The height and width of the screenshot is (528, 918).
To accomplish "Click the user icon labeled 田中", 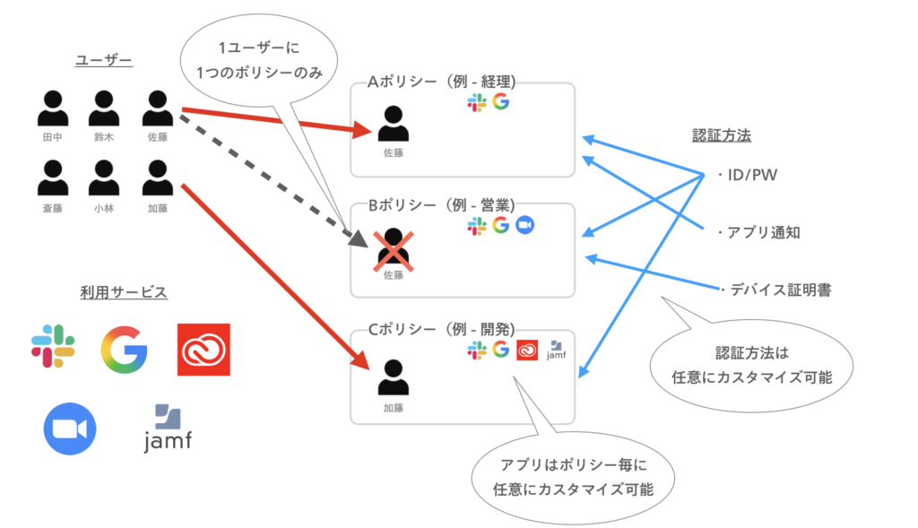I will [53, 108].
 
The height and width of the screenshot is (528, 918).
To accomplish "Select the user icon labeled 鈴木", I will [105, 108].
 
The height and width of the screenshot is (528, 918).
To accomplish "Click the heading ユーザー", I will [104, 61].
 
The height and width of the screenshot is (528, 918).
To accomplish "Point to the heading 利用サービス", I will [124, 292].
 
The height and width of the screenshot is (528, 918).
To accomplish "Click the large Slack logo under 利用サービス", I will [53, 347].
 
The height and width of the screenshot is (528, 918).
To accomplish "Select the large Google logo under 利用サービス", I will [124, 349].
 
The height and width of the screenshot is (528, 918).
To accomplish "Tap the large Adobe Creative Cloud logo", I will [204, 349].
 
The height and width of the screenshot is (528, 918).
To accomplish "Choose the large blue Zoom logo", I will [70, 428].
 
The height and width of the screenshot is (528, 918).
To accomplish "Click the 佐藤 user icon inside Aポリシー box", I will [393, 125].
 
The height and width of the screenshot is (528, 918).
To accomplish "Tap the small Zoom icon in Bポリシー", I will [524, 226].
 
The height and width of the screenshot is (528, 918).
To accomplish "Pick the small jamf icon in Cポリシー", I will [556, 350].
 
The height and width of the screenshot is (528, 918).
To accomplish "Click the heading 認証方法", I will [722, 136].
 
